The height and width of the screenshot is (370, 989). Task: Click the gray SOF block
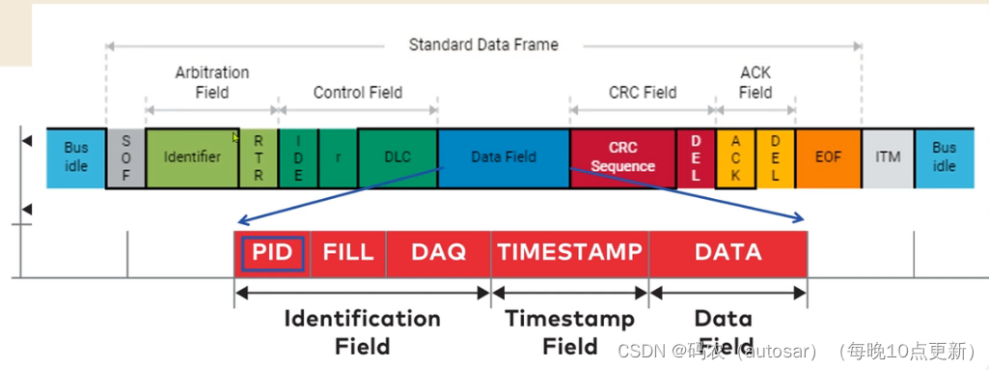pos(125,157)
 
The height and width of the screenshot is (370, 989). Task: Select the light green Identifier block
pos(192,157)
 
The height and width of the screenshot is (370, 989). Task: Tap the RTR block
pos(258,157)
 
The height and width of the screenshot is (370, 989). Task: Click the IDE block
pos(298,157)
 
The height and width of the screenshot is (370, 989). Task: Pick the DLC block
pos(397,157)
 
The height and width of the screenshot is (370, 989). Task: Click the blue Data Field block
pos(503,157)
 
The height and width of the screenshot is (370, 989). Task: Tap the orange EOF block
pos(828,157)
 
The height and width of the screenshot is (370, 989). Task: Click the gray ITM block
pos(887,157)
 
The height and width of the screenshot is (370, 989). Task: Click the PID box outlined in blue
pos(273,253)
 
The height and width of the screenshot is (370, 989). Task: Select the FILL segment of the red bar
pos(347,253)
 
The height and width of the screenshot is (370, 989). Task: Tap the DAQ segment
pos(438,253)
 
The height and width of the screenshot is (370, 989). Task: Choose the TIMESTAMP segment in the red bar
pos(569,253)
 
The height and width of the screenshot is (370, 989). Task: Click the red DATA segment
pos(728,253)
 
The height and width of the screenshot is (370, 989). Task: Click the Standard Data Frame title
pos(482,44)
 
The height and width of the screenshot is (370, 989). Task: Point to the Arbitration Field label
pos(212,82)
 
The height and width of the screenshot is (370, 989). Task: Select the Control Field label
pos(357,93)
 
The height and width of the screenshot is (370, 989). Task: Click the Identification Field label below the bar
pos(362,331)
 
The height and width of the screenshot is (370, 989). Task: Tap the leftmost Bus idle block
pos(75,157)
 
